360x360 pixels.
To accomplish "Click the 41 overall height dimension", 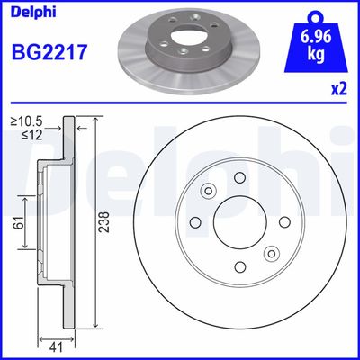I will pyautogui.click(x=53, y=343).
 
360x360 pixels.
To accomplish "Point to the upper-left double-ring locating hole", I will pyautogui.click(x=208, y=191).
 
